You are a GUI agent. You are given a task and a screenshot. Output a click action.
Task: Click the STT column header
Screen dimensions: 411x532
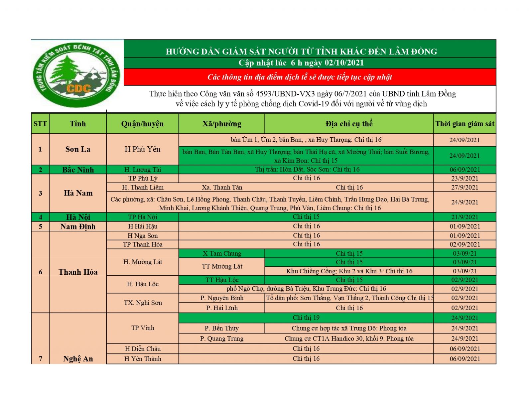40,124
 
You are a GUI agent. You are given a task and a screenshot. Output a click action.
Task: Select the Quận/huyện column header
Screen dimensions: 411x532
142,124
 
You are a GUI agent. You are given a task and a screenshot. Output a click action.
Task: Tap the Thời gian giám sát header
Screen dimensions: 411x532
465,124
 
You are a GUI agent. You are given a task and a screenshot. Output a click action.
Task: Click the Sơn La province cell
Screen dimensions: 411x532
78,149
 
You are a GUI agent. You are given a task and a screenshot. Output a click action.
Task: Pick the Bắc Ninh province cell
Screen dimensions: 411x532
78,170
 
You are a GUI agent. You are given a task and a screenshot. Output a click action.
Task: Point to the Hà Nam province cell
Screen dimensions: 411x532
78,193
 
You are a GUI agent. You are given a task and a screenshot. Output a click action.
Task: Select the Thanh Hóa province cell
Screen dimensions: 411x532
78,272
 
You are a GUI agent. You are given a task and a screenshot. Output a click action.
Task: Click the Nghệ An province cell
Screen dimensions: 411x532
78,358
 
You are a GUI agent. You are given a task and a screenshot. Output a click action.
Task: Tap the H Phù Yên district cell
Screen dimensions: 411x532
142,149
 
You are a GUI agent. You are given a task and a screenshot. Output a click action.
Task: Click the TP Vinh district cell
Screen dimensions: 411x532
142,328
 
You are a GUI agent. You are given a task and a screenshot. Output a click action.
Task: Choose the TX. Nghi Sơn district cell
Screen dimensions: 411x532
142,303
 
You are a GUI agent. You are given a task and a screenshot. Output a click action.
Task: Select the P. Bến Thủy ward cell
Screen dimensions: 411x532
221,328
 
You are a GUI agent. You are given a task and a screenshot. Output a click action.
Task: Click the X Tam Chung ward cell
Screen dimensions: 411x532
222,253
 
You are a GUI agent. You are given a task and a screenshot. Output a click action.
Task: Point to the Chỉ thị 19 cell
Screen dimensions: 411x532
306,318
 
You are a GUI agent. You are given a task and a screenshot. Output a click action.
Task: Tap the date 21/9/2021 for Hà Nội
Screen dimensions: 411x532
465,217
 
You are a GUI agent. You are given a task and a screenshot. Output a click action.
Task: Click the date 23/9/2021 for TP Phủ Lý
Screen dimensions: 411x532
465,178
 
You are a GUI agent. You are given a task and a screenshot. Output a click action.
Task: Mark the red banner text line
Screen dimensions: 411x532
300,77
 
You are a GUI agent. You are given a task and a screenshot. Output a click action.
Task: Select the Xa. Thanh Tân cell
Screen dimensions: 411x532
222,187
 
